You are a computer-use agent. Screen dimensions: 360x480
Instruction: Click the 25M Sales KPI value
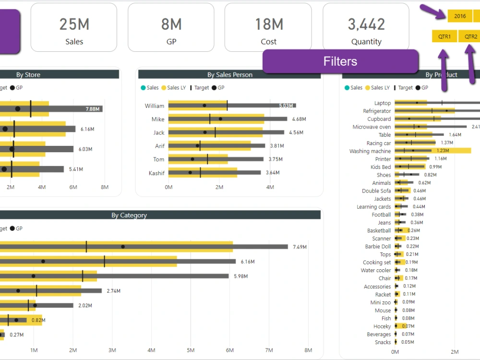[74, 24]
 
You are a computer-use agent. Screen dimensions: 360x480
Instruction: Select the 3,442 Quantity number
[366, 24]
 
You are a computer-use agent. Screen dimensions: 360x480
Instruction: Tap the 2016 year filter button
[460, 16]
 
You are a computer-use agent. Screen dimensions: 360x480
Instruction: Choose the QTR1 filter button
[444, 36]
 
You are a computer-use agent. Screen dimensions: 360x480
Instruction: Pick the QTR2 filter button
[470, 36]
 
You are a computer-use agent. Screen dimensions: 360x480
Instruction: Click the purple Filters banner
[340, 61]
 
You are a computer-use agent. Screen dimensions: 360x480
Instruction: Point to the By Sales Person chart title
[229, 74]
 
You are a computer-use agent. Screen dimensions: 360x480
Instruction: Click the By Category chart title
[129, 215]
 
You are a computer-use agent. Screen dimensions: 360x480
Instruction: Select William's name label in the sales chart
[155, 106]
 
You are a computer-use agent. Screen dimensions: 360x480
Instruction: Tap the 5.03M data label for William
[287, 106]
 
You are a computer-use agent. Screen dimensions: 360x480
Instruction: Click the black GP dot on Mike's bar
[220, 119]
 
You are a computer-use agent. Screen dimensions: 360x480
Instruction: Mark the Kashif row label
[156, 172]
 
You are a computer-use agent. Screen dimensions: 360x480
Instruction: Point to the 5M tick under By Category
[191, 350]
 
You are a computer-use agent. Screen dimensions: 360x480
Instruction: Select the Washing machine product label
[370, 151]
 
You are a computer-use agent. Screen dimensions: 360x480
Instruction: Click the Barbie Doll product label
[378, 247]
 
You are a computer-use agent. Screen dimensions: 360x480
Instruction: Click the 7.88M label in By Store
[93, 109]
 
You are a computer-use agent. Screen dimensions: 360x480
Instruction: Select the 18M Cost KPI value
[268, 24]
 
